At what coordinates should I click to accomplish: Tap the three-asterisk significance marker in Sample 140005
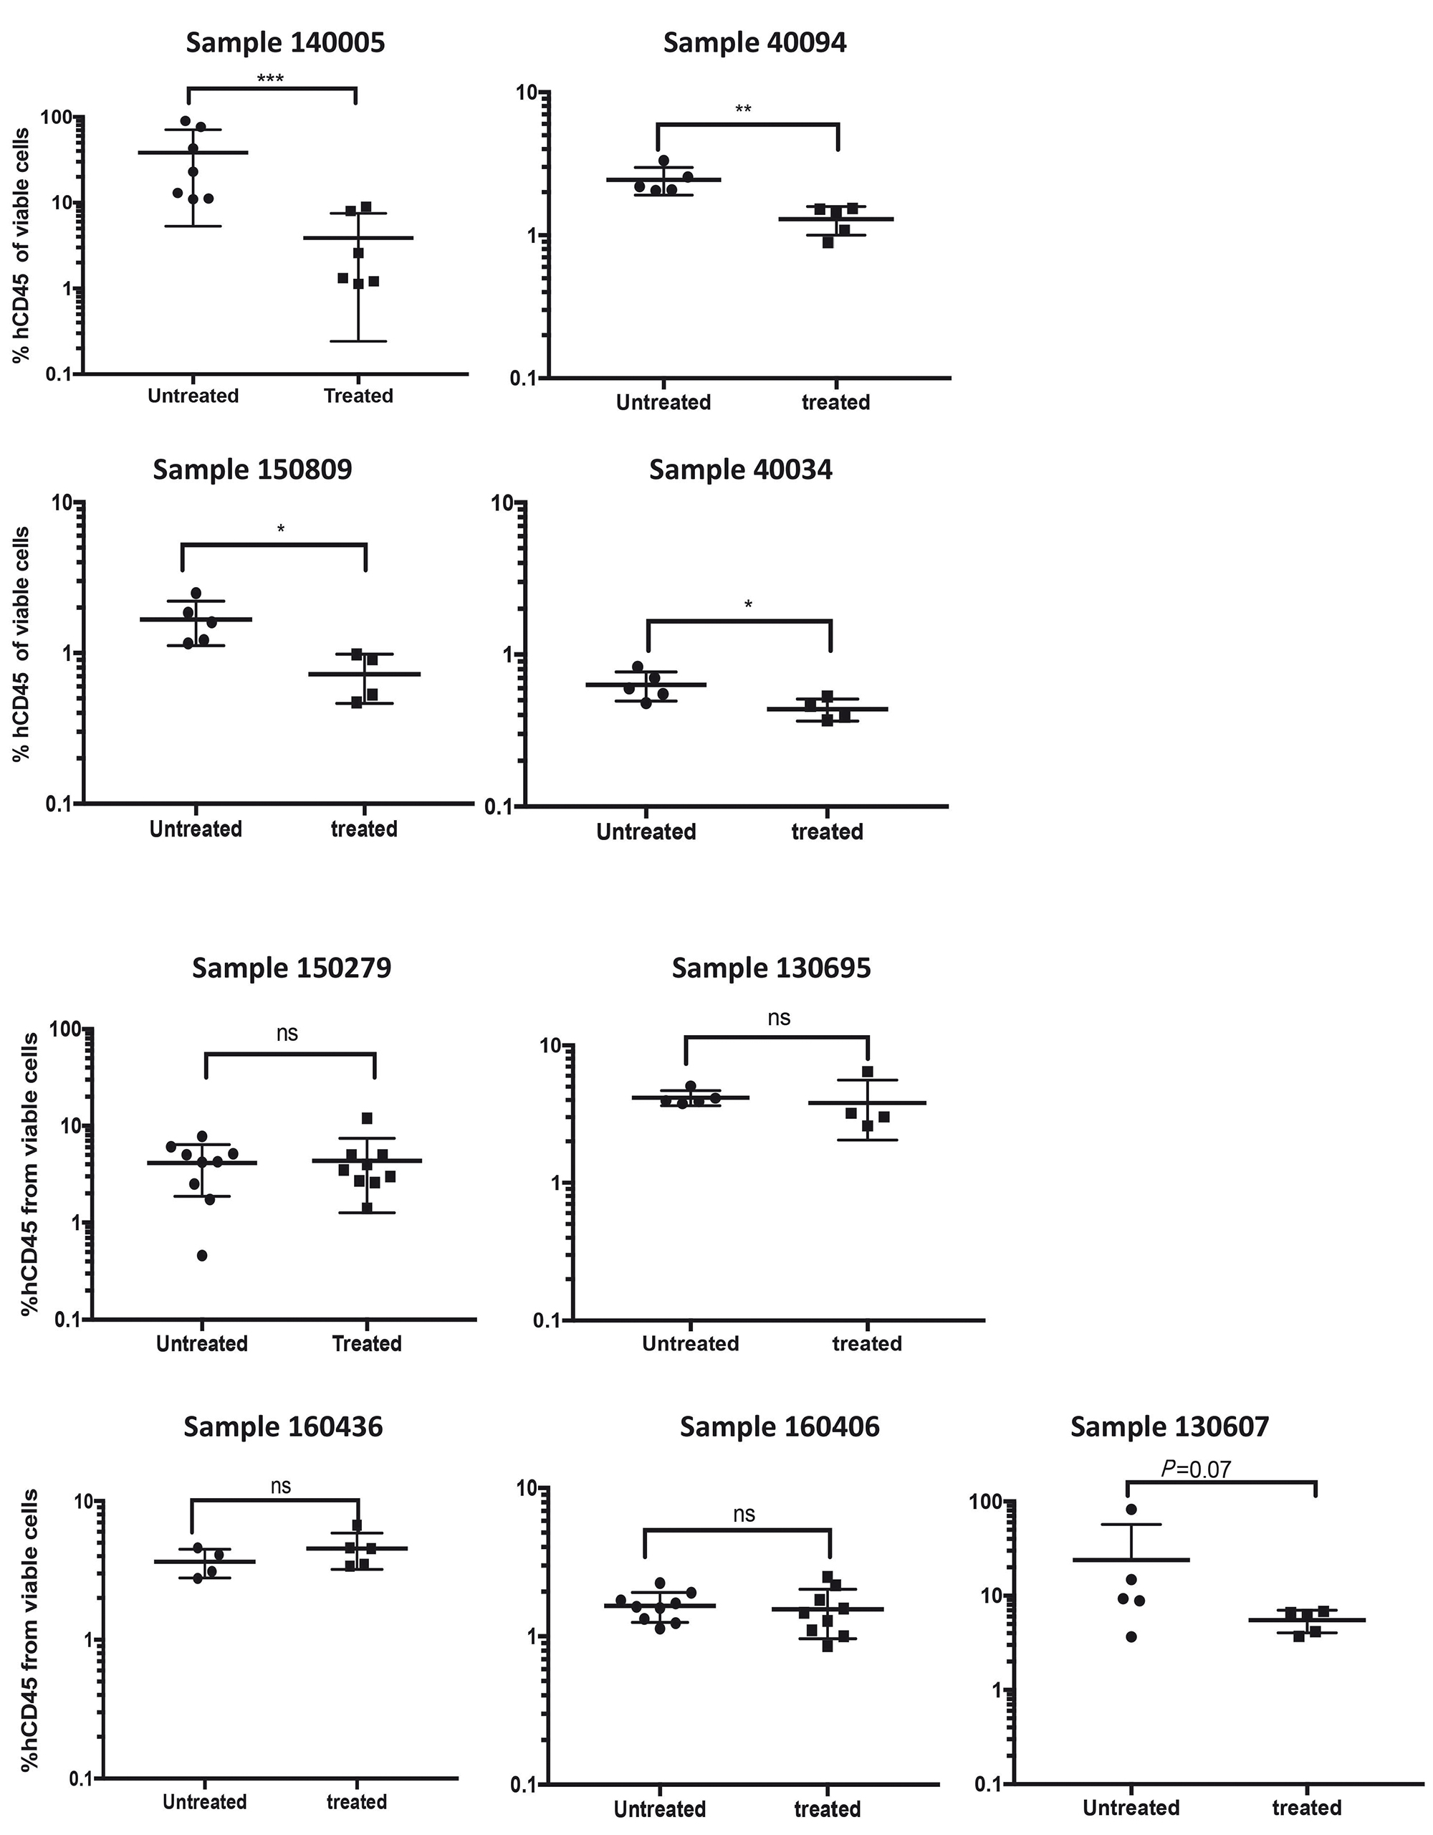(269, 80)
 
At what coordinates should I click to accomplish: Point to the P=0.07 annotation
(1195, 1469)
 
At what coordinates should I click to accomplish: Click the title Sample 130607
(1169, 1426)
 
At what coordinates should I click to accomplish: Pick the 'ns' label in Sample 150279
(287, 1034)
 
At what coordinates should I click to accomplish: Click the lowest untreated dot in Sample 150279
(203, 1255)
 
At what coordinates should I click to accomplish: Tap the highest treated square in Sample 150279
(367, 1118)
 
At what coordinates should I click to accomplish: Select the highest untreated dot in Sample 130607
(1131, 1509)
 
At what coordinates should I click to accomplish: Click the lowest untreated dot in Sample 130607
(1131, 1636)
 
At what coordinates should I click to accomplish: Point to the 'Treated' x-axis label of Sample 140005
(359, 396)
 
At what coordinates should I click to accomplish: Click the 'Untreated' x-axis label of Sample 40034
(646, 831)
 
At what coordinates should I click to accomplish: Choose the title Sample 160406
(780, 1426)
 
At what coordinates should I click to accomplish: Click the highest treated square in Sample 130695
(868, 1072)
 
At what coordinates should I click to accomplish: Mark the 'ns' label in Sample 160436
(281, 1487)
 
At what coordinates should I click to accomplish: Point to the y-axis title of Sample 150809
(21, 644)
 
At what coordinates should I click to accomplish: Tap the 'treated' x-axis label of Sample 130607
(1306, 1807)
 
